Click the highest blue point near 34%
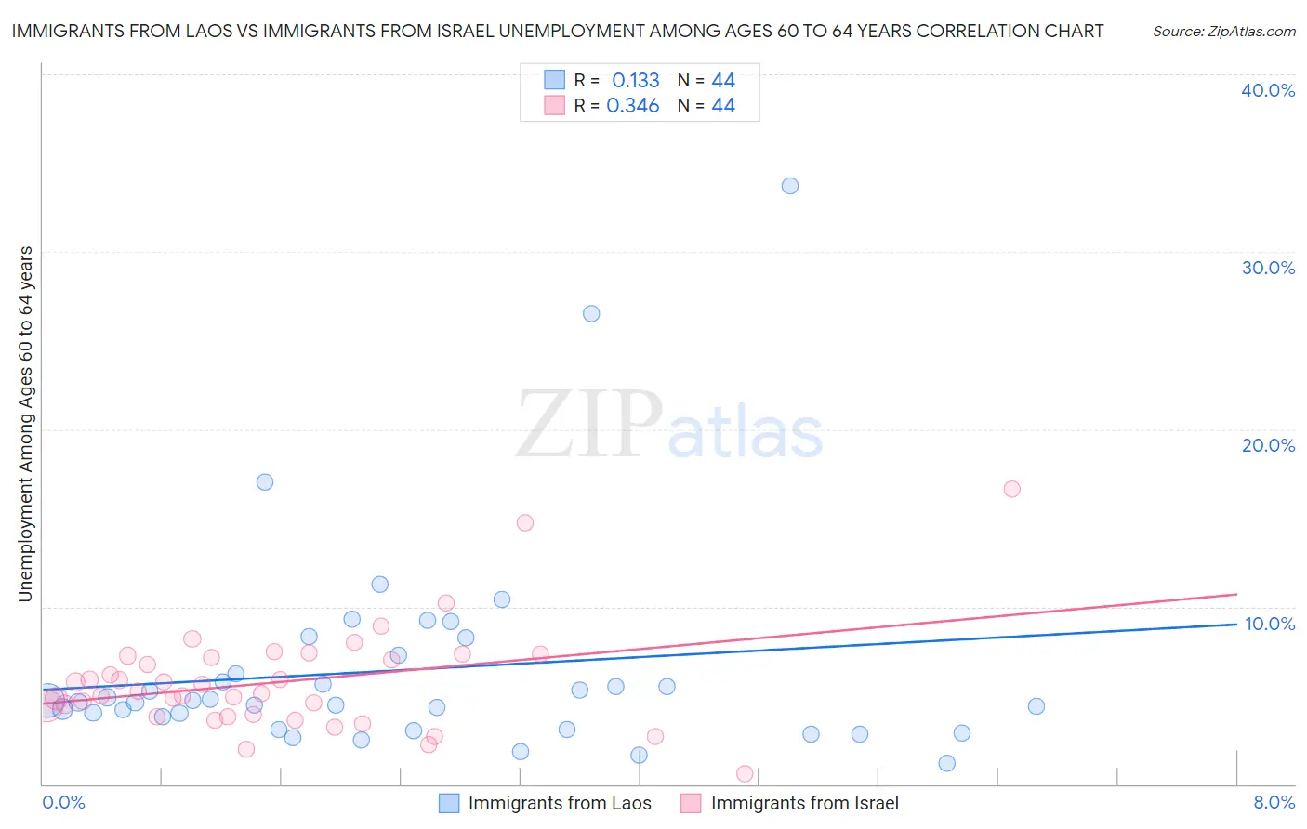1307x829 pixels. (x=790, y=186)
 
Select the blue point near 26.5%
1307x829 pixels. (x=591, y=314)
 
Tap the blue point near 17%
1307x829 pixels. (x=265, y=482)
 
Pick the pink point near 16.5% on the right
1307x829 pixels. (x=1012, y=489)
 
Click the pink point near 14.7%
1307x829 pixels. (x=525, y=523)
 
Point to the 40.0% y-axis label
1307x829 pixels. (x=1268, y=90)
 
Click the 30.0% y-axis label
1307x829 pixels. (x=1268, y=268)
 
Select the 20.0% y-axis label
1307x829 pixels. (x=1268, y=445)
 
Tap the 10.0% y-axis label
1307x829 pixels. (x=1269, y=624)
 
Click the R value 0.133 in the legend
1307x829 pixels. (x=636, y=81)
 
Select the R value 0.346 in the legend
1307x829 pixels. (x=633, y=106)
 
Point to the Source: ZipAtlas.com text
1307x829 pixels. (x=1223, y=32)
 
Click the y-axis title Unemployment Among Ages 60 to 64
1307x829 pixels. (x=26, y=424)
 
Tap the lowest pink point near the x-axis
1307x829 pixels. (x=745, y=774)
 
